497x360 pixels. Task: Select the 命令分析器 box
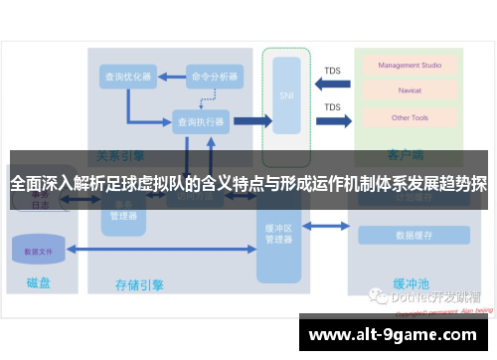215,76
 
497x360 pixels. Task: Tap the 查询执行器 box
201,122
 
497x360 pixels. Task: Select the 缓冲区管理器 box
277,236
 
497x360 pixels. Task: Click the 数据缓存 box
412,236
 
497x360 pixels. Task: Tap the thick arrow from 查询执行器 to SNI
251,121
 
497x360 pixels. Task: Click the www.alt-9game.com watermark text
396,335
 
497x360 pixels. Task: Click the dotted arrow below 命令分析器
211,97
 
